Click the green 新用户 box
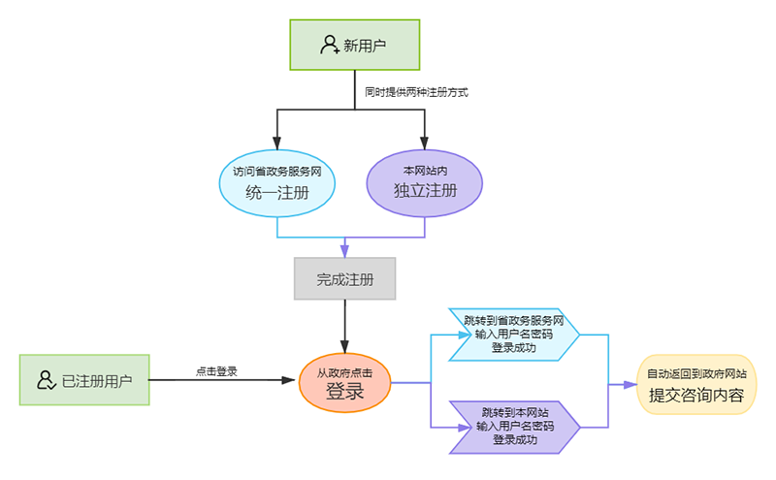(x=355, y=45)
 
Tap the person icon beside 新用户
(x=329, y=45)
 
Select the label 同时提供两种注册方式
(x=415, y=93)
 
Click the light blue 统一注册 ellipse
(x=277, y=181)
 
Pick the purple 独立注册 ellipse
(x=425, y=181)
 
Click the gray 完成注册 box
(x=345, y=279)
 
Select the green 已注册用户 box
(x=84, y=380)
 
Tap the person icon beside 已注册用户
(x=46, y=380)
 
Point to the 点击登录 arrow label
(x=216, y=370)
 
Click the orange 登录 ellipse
(x=344, y=382)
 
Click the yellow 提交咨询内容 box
(x=695, y=384)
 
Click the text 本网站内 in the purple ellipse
(x=425, y=170)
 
